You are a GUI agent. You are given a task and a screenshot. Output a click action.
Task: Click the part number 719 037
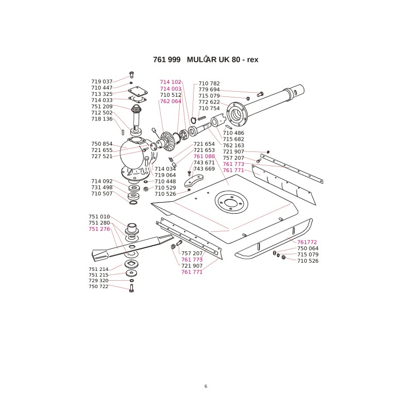(x=101, y=82)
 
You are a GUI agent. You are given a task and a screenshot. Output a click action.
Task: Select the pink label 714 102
(x=170, y=82)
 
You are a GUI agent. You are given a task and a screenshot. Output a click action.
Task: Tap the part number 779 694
(x=209, y=90)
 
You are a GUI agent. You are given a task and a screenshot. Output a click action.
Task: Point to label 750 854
(x=101, y=144)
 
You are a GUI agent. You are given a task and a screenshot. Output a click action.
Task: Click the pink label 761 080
(x=204, y=157)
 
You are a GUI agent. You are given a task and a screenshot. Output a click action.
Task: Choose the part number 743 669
(x=204, y=169)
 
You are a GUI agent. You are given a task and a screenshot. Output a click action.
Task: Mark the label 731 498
(x=101, y=187)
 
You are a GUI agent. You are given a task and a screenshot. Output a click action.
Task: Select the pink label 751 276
(x=99, y=229)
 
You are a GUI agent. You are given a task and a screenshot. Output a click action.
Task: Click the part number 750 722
(x=98, y=286)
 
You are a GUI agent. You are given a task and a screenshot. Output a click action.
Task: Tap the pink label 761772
(x=307, y=242)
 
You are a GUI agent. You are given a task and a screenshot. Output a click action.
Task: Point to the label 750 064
(x=308, y=248)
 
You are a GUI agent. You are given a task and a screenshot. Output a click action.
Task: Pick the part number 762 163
(x=233, y=146)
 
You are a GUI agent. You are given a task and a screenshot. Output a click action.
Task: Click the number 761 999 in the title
(x=167, y=60)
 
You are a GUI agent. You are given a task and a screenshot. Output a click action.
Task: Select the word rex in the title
(x=252, y=60)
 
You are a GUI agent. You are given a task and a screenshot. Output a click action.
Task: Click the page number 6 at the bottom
(x=205, y=386)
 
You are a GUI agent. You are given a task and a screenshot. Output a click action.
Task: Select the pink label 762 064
(x=170, y=101)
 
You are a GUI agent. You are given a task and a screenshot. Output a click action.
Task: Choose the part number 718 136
(x=101, y=119)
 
